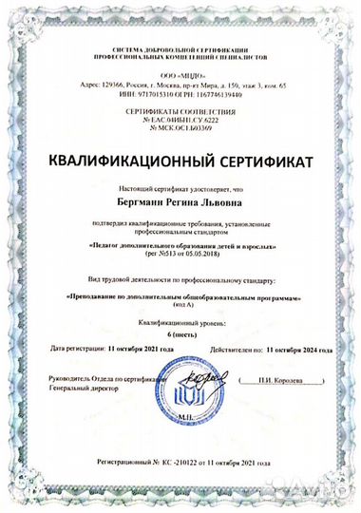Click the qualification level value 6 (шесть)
180,337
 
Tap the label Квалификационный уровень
180,324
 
